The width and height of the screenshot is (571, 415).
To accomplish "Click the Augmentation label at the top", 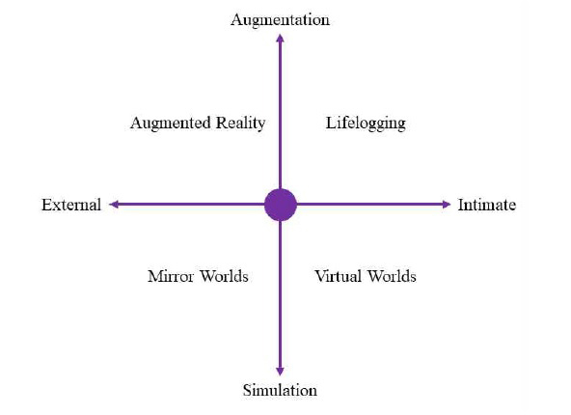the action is click(x=280, y=20).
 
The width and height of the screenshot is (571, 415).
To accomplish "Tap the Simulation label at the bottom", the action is click(x=280, y=390).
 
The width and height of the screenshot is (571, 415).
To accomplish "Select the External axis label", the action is click(x=71, y=205).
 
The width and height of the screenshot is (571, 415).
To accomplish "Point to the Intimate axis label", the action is click(x=487, y=205).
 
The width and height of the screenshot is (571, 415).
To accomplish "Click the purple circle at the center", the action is click(x=281, y=205).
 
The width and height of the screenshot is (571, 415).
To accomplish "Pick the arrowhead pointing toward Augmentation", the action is click(x=280, y=39).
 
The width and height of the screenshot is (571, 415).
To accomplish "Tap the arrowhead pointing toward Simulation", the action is click(x=280, y=372).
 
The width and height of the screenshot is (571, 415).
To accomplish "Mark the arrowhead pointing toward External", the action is click(x=114, y=205).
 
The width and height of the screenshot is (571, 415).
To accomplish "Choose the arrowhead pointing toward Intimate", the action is click(x=447, y=205).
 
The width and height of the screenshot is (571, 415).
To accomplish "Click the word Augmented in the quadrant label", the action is click(x=171, y=124).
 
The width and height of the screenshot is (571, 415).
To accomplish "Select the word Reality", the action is click(x=241, y=124).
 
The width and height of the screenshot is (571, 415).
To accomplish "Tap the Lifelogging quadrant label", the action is click(x=366, y=124).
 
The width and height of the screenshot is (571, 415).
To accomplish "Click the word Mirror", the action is click(x=171, y=276).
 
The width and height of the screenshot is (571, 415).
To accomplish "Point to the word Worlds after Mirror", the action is click(x=225, y=276).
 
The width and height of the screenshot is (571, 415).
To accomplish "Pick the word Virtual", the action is click(x=338, y=276).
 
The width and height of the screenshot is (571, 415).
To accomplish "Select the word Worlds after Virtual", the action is click(x=392, y=276).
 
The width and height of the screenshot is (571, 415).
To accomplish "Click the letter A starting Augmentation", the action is click(x=236, y=19).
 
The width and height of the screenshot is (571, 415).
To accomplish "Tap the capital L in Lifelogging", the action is click(x=331, y=123).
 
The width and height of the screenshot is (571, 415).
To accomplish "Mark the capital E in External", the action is click(x=46, y=205).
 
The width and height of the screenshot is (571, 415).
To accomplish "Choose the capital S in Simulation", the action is click(x=247, y=390).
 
